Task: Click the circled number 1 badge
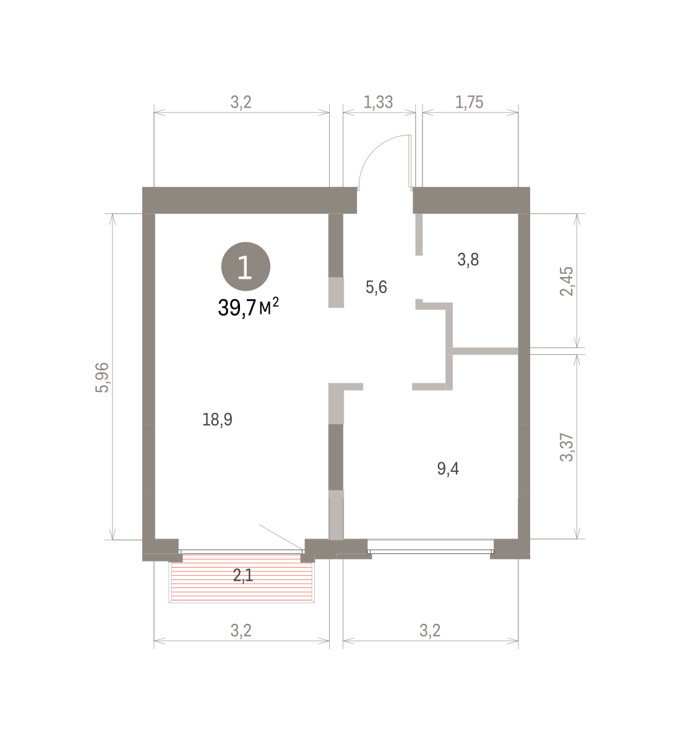(246, 267)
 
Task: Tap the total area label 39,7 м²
(248, 307)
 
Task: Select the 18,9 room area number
(217, 420)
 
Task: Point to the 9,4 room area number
(448, 469)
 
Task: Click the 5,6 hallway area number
(376, 287)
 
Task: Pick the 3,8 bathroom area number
(468, 260)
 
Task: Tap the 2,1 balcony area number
(243, 575)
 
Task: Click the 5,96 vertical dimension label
(102, 377)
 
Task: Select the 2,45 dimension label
(567, 281)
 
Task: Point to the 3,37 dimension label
(567, 447)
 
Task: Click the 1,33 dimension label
(378, 102)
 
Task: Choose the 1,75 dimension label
(470, 102)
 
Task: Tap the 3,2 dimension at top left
(241, 102)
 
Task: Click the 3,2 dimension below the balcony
(241, 631)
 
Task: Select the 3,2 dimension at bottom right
(430, 631)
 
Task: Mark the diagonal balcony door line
(281, 537)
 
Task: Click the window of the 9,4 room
(431, 551)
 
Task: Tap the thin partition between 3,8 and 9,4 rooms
(485, 351)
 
